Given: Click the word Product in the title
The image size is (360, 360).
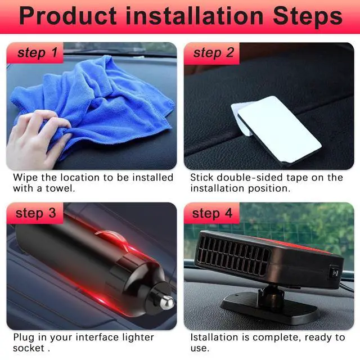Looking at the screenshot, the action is coord(68,16).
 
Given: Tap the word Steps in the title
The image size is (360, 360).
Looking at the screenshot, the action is coord(308,16).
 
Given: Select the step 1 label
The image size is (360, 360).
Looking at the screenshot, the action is coord(38,53).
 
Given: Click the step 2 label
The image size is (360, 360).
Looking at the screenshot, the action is coord(214,53).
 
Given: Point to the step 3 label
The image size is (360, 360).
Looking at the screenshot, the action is coord(36,213).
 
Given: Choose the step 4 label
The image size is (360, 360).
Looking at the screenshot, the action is coord(213,213).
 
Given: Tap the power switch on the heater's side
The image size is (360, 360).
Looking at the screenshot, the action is coord(335,273).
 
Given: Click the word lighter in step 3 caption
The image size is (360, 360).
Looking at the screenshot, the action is coord(138,337).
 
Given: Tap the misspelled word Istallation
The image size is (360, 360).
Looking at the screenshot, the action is coord(214,337).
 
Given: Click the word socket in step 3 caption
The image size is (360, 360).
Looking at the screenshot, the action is coord(29,348).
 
